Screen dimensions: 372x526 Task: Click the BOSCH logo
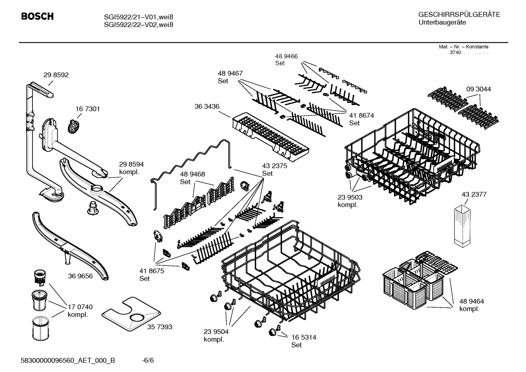tap(37, 16)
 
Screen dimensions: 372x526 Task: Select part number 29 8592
tap(56, 75)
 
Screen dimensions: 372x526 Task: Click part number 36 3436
tap(207, 106)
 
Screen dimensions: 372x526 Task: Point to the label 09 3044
tap(478, 89)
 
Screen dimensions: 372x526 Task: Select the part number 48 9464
tap(471, 301)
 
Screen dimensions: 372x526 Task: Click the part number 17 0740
tap(80, 307)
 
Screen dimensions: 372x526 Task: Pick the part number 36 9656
tap(80, 276)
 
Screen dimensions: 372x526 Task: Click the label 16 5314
tap(303, 337)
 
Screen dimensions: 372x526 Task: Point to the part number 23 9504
tap(216, 331)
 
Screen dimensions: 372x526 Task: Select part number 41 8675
tap(152, 271)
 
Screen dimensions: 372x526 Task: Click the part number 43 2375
tap(274, 166)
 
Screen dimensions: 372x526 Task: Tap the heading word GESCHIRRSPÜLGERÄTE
tap(459, 15)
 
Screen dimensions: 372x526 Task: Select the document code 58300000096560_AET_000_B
tap(68, 361)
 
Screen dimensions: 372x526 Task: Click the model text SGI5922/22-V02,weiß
tap(133, 25)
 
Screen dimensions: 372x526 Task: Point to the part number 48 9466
tap(286, 56)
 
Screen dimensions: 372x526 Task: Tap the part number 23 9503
tap(350, 197)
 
